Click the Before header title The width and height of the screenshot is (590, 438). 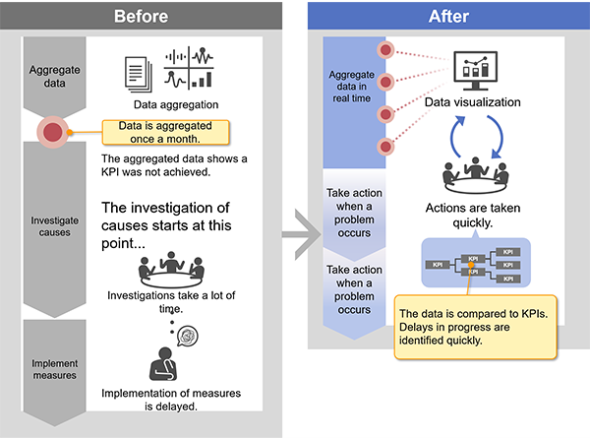(141, 16)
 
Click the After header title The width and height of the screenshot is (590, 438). (448, 16)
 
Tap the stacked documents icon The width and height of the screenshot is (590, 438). (139, 74)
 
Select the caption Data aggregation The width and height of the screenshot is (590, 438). (176, 104)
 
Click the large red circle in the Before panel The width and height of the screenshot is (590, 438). (53, 132)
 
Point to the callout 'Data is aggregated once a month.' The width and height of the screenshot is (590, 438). (165, 132)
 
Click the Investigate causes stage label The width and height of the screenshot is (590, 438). (54, 226)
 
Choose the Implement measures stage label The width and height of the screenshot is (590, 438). (54, 369)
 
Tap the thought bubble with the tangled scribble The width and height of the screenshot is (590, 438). (188, 336)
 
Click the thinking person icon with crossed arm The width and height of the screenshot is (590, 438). (163, 364)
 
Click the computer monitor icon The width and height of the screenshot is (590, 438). (476, 71)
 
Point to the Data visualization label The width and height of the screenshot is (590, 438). (473, 102)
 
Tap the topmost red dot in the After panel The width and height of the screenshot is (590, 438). (385, 50)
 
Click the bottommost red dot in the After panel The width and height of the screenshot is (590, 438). (385, 147)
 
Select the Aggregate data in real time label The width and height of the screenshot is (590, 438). (352, 87)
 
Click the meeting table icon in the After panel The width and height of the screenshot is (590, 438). (476, 175)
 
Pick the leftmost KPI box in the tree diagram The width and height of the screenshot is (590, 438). (438, 265)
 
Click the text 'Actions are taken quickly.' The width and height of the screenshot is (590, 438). (473, 215)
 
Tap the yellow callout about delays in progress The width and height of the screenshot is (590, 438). (476, 327)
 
